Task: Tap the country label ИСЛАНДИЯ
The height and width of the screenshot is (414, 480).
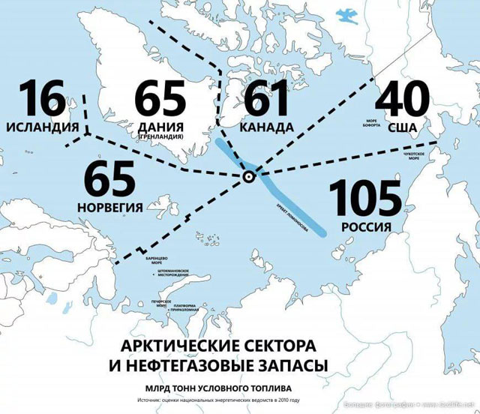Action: [x=40, y=127]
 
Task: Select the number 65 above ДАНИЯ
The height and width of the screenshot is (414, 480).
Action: [x=159, y=100]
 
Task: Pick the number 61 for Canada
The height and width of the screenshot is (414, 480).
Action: [x=266, y=100]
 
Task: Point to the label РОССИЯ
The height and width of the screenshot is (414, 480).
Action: [x=365, y=227]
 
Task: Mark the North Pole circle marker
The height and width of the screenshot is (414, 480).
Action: [x=248, y=177]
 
